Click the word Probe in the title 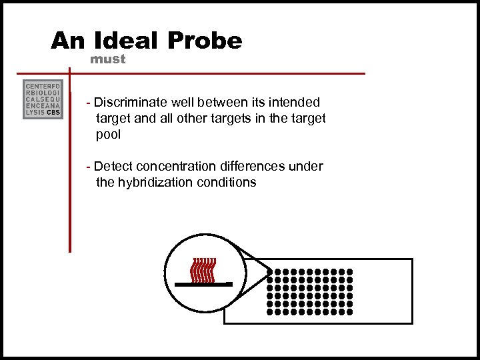(x=205, y=41)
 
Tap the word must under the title (x=108, y=59)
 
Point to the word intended (x=295, y=103)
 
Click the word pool (x=109, y=134)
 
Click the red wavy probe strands (x=203, y=269)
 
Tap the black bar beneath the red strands (x=203, y=284)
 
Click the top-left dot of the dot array (x=270, y=272)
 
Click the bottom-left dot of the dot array (x=270, y=311)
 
